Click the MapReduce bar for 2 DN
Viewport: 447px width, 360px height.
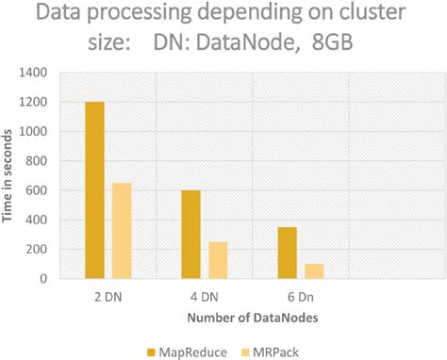(x=94, y=190)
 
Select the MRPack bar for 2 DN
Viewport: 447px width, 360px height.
(x=123, y=231)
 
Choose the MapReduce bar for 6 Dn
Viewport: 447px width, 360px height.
(x=288, y=253)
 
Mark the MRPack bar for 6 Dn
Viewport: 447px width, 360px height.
(x=315, y=271)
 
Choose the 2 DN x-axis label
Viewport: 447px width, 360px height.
(x=108, y=295)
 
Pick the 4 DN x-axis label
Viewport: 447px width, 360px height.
(x=205, y=295)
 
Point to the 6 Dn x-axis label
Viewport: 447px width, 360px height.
(x=301, y=295)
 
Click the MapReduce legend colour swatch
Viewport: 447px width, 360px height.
(x=152, y=352)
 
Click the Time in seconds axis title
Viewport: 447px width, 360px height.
(x=8, y=175)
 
